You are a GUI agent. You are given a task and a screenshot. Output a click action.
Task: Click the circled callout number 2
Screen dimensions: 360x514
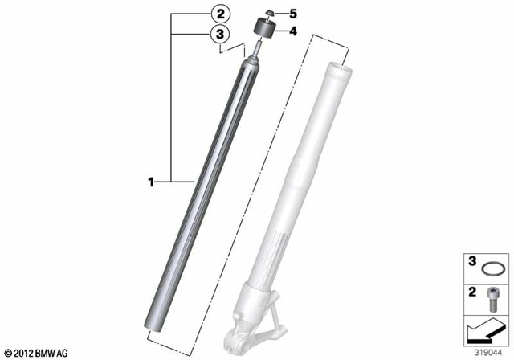point(219,13)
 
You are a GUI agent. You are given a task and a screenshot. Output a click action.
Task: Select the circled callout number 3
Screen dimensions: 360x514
point(219,33)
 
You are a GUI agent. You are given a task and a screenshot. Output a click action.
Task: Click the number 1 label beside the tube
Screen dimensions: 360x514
point(149,182)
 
